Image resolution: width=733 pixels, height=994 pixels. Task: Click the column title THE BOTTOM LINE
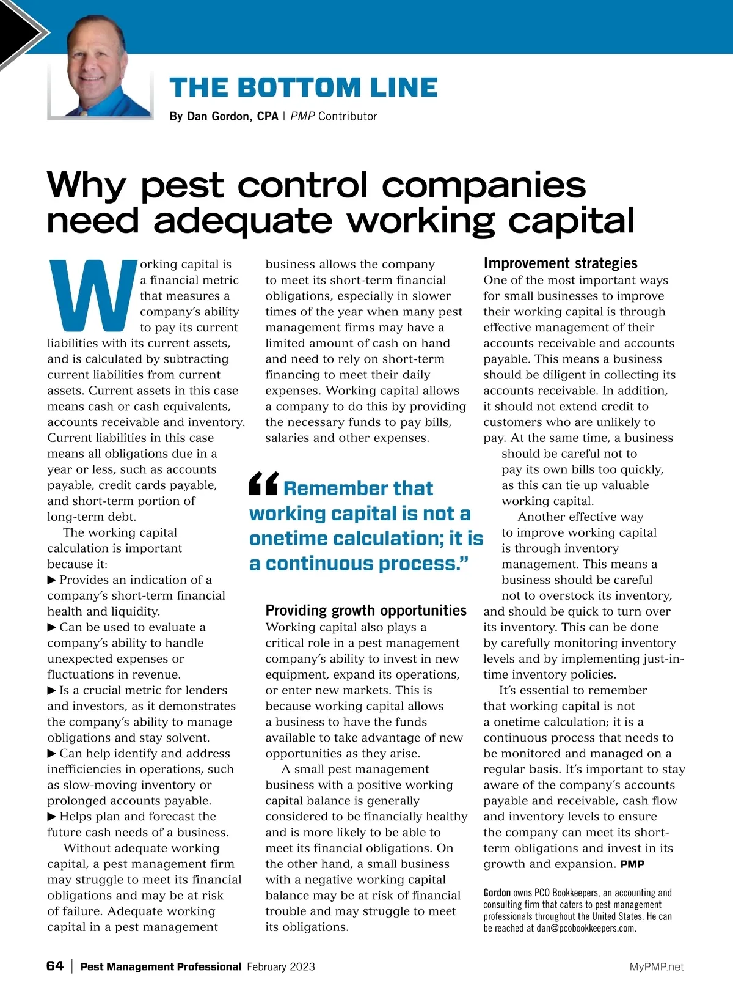[304, 88]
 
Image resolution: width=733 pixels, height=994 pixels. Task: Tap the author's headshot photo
[101, 67]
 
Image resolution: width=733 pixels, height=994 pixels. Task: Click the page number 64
[55, 966]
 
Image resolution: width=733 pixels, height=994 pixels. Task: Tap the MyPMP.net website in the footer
[657, 967]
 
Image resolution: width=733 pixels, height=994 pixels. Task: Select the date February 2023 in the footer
[281, 967]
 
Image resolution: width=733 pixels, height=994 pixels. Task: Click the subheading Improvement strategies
[560, 263]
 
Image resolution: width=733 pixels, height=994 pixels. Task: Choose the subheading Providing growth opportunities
[366, 610]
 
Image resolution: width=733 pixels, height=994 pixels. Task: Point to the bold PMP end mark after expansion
[632, 864]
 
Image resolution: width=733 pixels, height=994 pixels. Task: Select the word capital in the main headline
[571, 221]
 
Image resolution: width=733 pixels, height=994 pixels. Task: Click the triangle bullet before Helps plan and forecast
[52, 817]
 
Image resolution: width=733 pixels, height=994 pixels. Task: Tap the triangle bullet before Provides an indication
[52, 580]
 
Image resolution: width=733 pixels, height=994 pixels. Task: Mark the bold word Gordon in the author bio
[497, 893]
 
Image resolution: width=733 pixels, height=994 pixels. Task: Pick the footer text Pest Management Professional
[161, 967]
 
